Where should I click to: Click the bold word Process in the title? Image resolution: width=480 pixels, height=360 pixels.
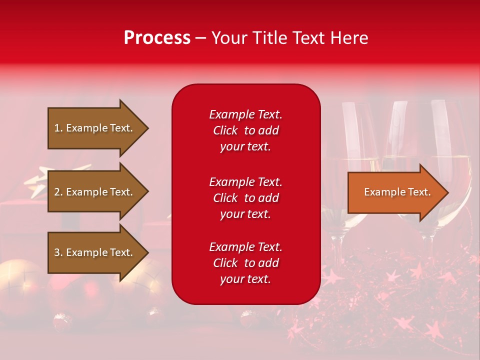coord(157,38)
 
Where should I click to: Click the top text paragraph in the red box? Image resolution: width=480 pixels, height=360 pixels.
coord(245,130)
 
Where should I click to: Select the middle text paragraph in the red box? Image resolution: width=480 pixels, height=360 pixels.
coord(245,198)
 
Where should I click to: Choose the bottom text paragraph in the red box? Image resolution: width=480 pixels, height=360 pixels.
coord(245,263)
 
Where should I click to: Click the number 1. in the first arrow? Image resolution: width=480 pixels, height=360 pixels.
coord(58,128)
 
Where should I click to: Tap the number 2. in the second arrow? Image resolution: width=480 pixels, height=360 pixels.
coord(58,192)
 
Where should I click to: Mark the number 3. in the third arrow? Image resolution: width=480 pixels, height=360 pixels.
coord(58,252)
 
